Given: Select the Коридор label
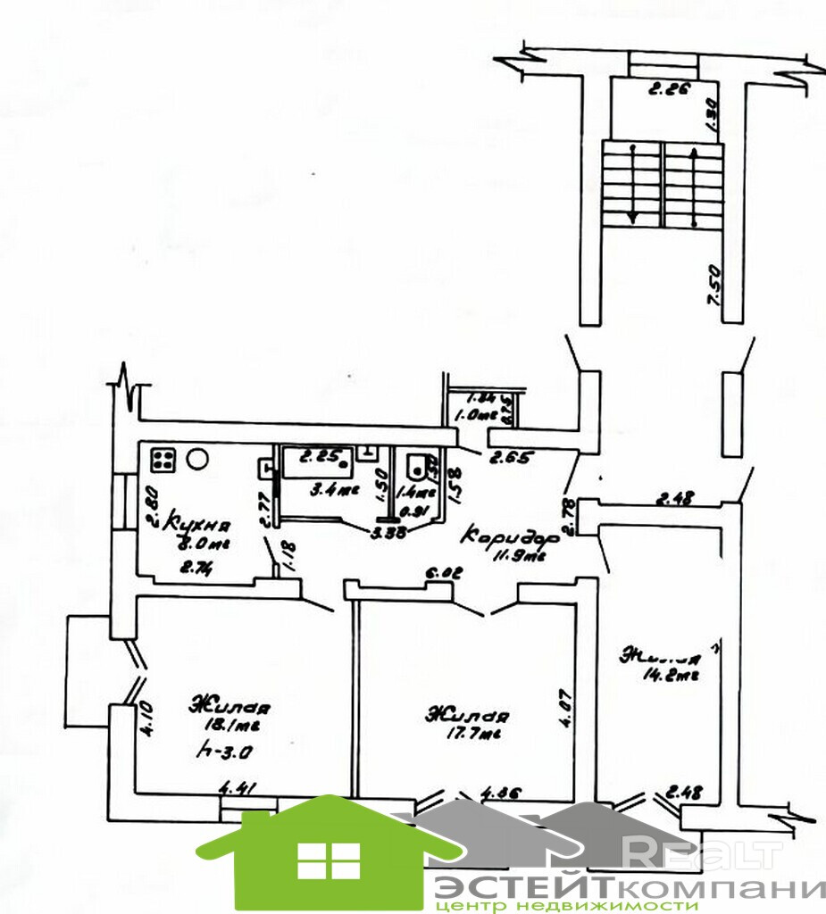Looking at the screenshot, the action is [x=510, y=538].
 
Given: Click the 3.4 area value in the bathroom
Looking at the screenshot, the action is [x=322, y=489].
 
